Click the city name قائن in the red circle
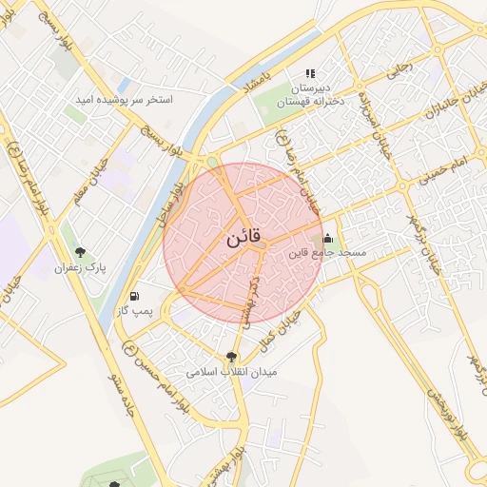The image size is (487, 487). [243, 239]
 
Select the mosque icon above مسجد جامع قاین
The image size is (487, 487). [328, 238]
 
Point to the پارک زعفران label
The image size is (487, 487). [83, 269]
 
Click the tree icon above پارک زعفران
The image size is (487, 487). [82, 253]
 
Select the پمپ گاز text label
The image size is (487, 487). [135, 311]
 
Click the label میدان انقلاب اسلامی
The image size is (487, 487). [231, 372]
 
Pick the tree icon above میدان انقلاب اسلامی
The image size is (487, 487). [231, 357]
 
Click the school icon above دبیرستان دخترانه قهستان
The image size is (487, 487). [309, 73]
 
